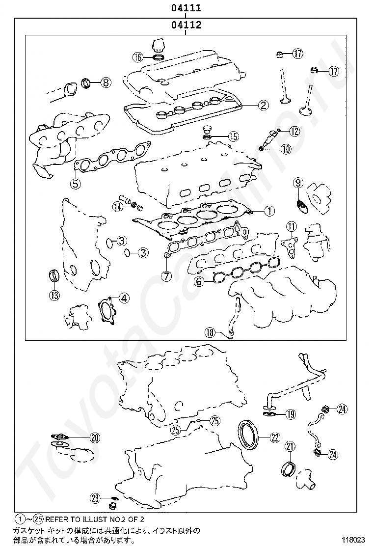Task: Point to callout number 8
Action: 106,82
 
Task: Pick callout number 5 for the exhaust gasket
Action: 75,184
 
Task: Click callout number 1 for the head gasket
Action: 268,211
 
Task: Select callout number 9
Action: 297,183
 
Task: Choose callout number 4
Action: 124,297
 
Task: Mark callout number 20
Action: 95,437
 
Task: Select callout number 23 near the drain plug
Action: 95,497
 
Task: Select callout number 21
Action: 290,446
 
